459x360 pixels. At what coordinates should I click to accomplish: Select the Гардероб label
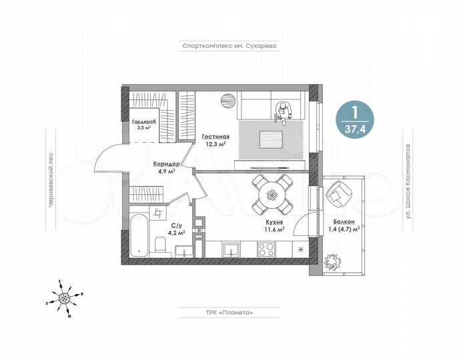144,122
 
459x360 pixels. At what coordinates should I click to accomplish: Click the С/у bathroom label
177,226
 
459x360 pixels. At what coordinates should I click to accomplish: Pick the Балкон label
344,221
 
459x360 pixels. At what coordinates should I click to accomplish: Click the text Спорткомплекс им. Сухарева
229,47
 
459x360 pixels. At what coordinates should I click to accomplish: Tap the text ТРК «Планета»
229,312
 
